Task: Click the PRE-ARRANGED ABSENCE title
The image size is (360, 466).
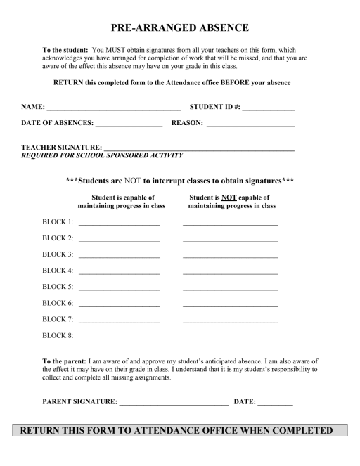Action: pyautogui.click(x=180, y=29)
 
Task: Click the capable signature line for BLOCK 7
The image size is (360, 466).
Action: pyautogui.click(x=120, y=321)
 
